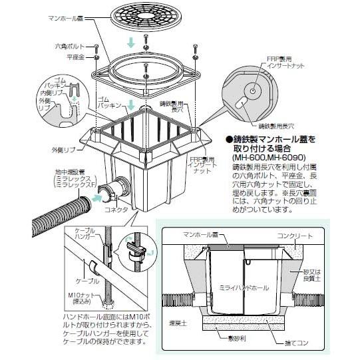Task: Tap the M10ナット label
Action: [x=75, y=295]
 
